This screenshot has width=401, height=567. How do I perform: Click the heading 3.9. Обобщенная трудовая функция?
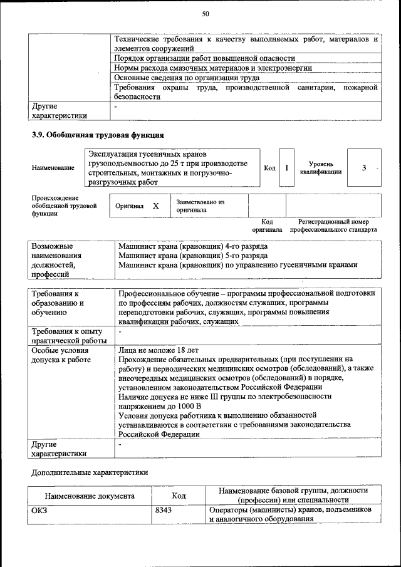98,135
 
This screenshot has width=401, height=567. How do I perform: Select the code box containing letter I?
286,168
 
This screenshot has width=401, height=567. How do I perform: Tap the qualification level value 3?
363,168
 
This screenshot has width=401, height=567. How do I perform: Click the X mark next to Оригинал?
156,206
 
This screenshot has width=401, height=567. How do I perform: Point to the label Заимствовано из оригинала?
200,206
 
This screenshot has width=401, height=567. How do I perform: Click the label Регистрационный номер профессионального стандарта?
333,226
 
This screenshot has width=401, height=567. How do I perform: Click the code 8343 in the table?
164,511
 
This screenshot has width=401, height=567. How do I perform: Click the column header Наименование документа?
90,496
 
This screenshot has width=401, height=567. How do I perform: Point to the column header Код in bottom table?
179,496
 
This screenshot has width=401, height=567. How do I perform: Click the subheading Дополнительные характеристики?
90,472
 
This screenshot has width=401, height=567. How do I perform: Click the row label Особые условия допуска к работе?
61,355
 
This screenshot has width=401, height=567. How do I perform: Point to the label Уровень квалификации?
320,168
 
